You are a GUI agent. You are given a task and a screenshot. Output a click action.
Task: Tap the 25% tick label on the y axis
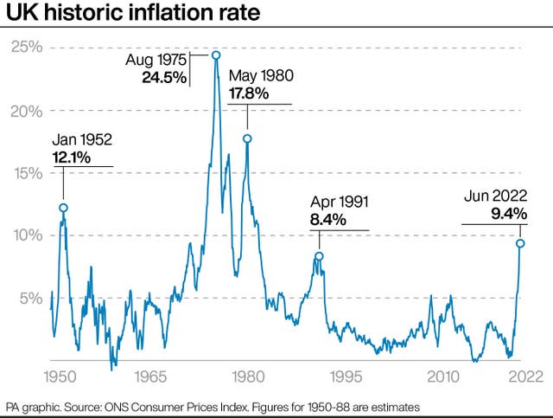pos(25,48)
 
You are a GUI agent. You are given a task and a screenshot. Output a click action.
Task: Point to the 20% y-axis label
pos(25,111)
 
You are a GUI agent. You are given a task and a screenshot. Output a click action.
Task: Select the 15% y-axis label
pos(25,173)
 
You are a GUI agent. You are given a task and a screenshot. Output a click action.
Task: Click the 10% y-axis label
pos(25,235)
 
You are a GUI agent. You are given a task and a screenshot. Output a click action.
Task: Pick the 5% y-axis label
pos(29,299)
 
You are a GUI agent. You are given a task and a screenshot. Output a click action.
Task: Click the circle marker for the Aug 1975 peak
pos(216,55)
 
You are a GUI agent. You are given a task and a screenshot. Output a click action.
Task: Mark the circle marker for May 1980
pos(247,138)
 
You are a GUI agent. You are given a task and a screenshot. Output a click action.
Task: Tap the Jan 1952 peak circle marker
pos(63,208)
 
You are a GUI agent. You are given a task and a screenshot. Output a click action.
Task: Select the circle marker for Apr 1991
pos(319,256)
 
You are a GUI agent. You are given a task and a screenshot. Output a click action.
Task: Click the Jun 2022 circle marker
pos(520,243)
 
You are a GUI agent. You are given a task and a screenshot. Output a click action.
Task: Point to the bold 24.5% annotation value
pos(164,77)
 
